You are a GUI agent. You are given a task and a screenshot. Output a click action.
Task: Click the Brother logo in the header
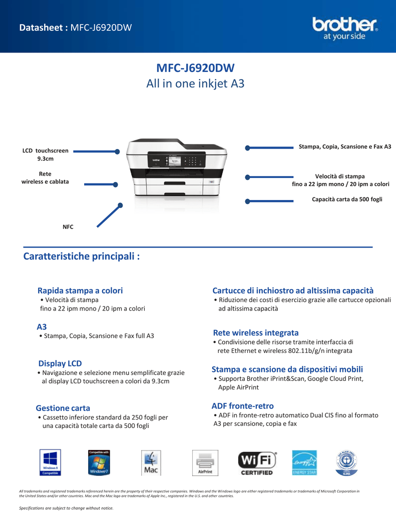point(345,28)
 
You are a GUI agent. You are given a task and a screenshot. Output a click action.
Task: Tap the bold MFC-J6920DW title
point(195,68)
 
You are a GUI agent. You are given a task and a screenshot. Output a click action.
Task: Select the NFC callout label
point(68,227)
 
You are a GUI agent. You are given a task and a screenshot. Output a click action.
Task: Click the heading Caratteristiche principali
point(81,256)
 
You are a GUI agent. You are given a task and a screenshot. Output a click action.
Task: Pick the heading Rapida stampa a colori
point(80,290)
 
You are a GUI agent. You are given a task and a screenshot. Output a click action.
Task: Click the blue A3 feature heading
point(42,326)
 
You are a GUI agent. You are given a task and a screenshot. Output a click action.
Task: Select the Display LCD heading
point(60,363)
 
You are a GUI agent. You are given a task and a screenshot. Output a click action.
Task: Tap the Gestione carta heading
point(63,408)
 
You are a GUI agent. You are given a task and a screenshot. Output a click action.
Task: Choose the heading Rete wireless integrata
point(256,332)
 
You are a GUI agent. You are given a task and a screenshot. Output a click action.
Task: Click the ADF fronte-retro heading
point(243,405)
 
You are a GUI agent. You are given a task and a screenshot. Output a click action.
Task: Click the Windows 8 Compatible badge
point(50,462)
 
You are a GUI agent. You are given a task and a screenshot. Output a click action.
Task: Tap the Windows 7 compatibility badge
point(99,462)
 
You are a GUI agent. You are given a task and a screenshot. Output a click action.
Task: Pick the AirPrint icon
point(205,462)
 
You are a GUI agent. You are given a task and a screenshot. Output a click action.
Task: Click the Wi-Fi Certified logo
point(257,463)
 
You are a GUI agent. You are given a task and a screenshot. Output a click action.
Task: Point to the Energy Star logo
point(304,463)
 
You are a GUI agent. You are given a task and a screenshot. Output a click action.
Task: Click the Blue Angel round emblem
point(346,462)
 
